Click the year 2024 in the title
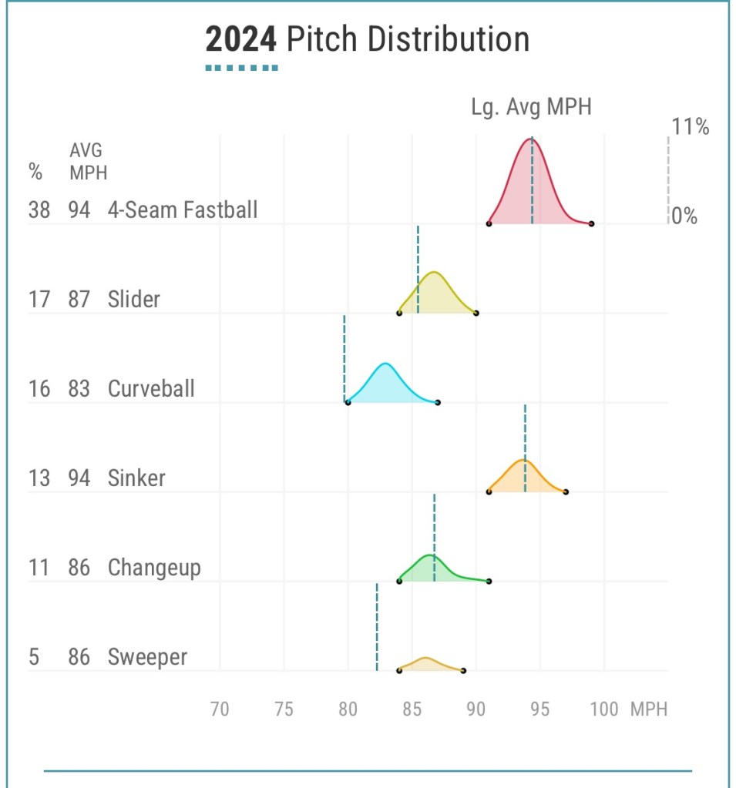click(241, 39)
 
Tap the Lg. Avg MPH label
click(531, 107)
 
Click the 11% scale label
click(691, 127)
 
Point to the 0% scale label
click(684, 216)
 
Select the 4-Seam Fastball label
click(183, 210)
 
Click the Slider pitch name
click(134, 299)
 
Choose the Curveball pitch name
click(151, 388)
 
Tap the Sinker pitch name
click(136, 478)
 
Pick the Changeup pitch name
click(154, 568)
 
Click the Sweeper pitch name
click(147, 657)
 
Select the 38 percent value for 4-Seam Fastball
click(39, 210)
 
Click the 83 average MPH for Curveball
click(79, 388)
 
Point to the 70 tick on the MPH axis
click(220, 709)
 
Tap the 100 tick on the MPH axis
click(603, 709)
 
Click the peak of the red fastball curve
click(532, 140)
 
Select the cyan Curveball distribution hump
click(386, 384)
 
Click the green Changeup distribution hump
click(428, 568)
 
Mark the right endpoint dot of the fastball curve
click(591, 223)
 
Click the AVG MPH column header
click(87, 160)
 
